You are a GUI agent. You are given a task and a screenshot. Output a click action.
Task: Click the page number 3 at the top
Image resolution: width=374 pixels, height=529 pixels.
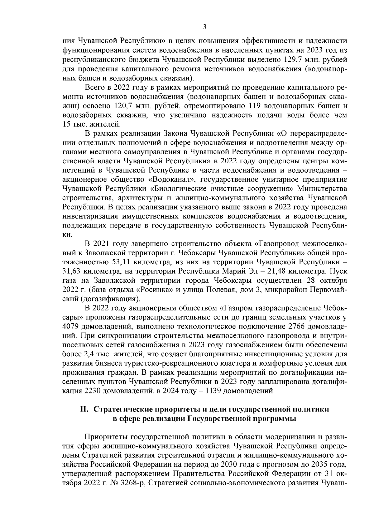pyautogui.click(x=205, y=27)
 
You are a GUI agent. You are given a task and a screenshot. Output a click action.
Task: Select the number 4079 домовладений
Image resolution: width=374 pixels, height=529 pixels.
pyautogui.click(x=71, y=326)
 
